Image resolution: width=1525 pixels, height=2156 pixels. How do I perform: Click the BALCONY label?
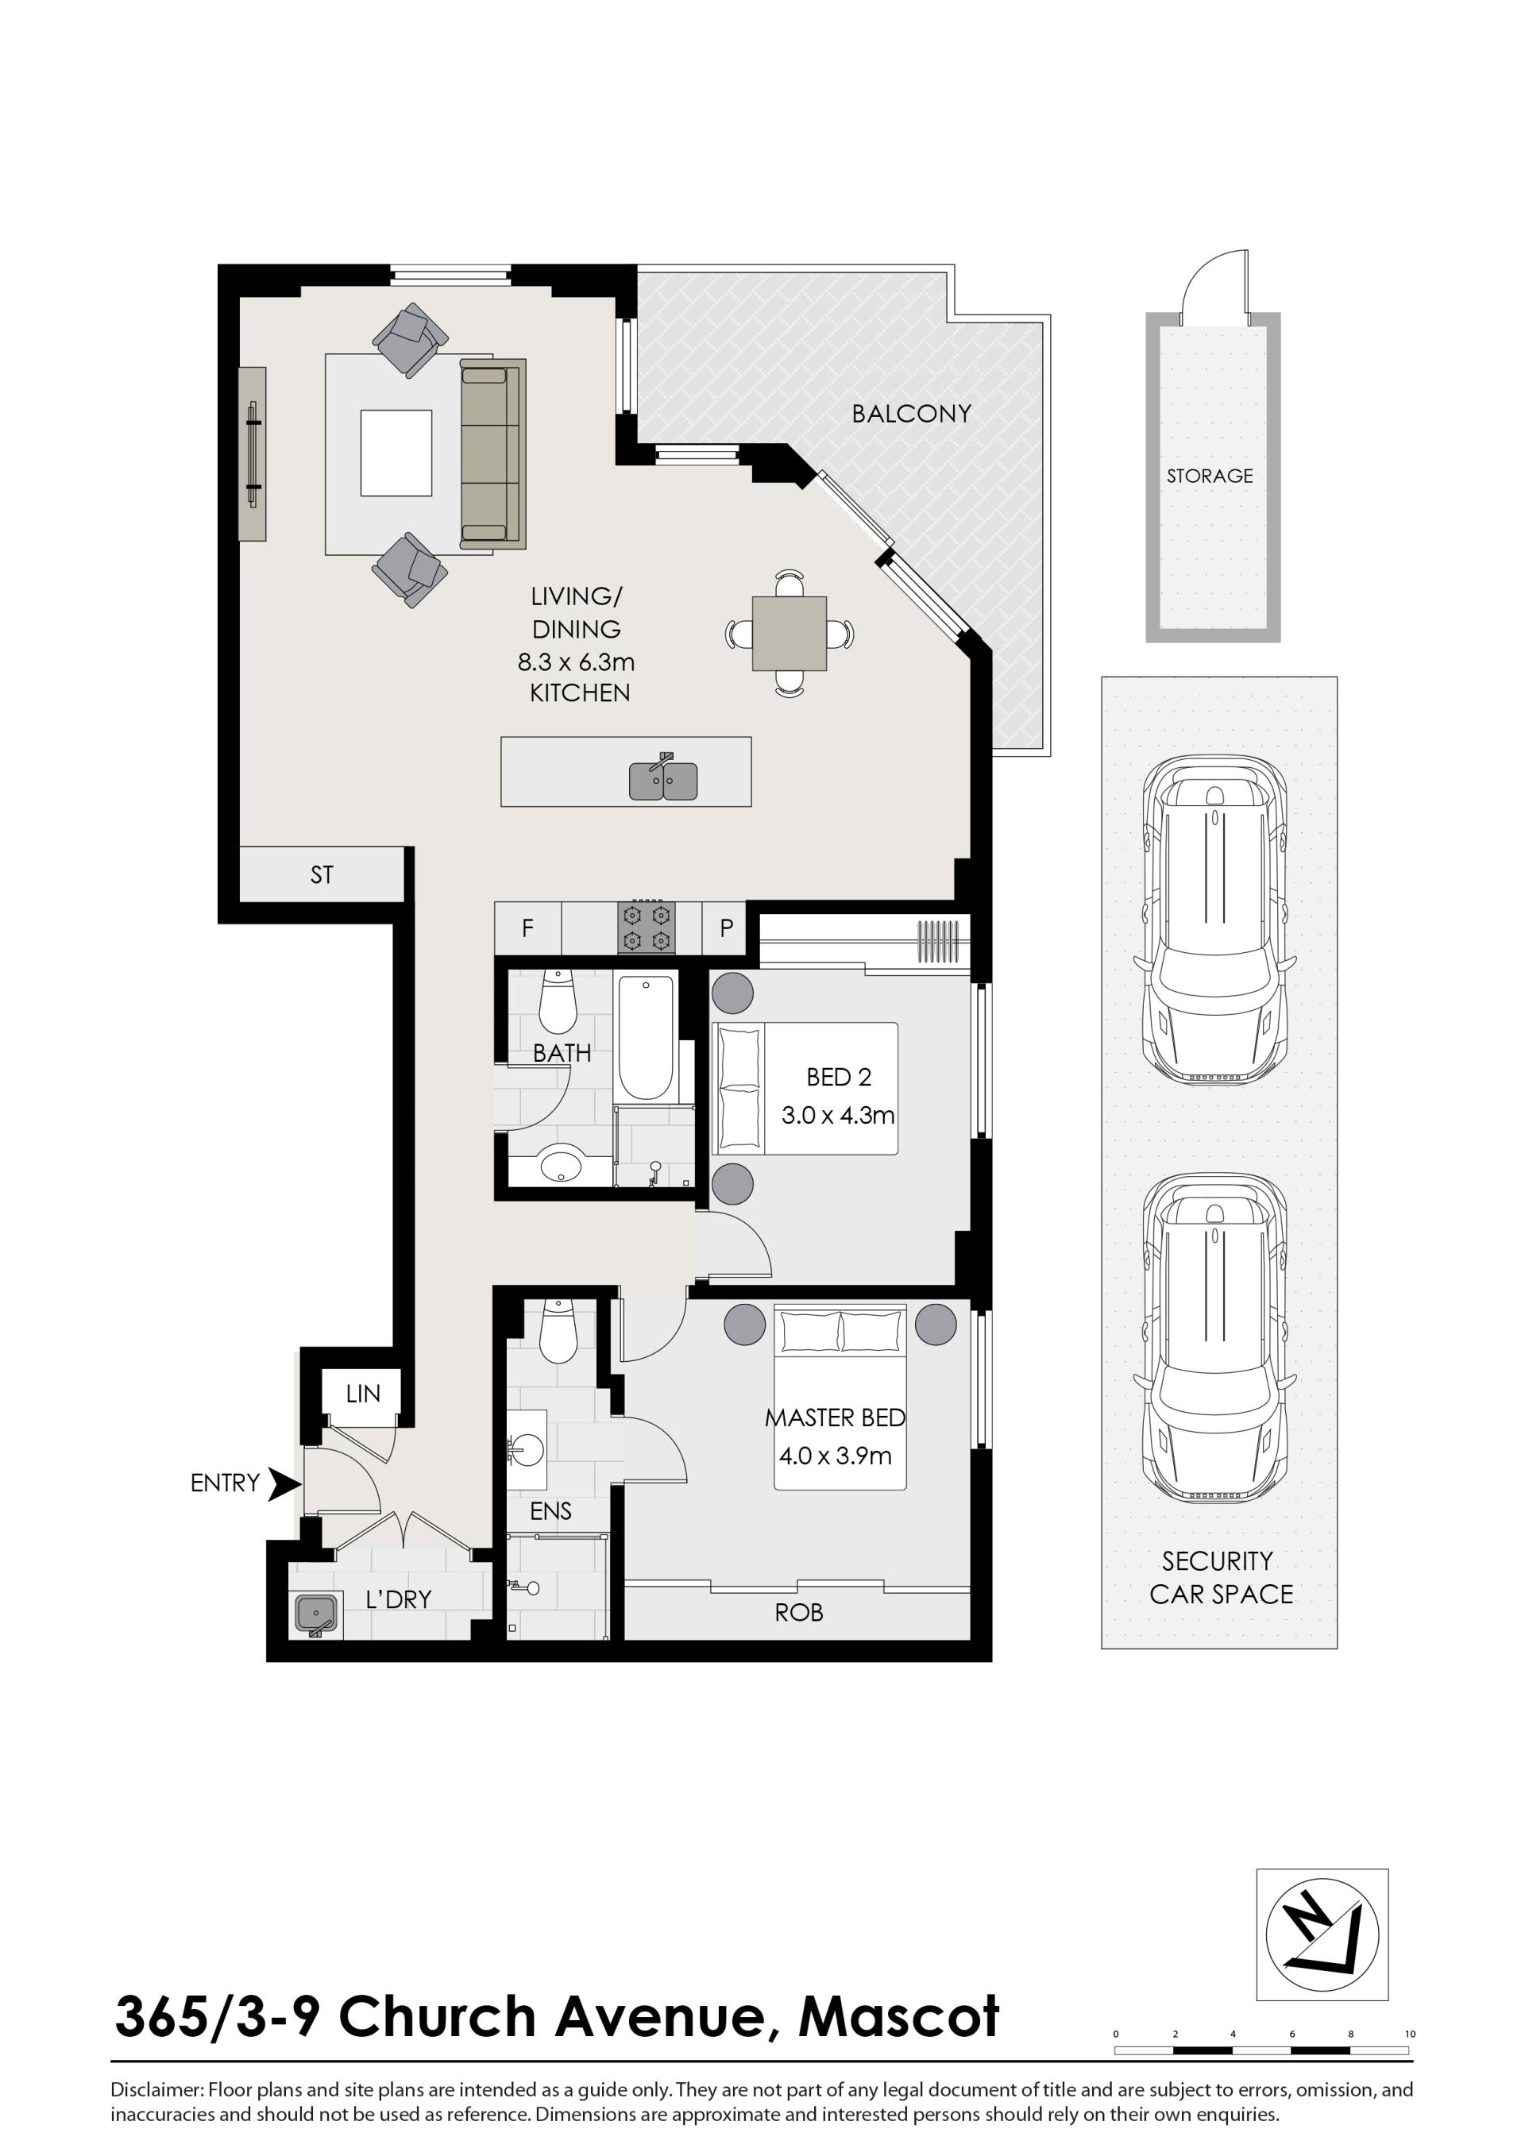pyautogui.click(x=911, y=413)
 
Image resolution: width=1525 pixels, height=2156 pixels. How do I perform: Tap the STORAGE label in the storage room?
pyautogui.click(x=1210, y=476)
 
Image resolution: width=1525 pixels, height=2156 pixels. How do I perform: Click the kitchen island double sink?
pyautogui.click(x=663, y=781)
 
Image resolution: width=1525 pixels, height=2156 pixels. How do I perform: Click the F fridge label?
pyautogui.click(x=527, y=928)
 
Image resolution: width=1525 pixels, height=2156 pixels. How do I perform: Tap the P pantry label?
pyautogui.click(x=726, y=928)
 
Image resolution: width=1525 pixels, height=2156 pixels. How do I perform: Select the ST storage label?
pyautogui.click(x=321, y=875)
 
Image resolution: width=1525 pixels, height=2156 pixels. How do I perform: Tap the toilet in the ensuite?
pyautogui.click(x=558, y=1333)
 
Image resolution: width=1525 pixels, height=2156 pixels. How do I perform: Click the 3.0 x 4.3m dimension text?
pyautogui.click(x=838, y=1116)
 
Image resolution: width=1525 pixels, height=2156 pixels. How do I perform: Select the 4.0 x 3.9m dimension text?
pyautogui.click(x=835, y=1456)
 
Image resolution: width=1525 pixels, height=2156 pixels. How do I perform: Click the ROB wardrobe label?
pyautogui.click(x=798, y=1612)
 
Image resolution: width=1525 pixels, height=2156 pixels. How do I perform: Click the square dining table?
pyautogui.click(x=790, y=634)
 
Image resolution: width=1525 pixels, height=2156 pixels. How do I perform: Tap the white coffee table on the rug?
pyautogui.click(x=396, y=453)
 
